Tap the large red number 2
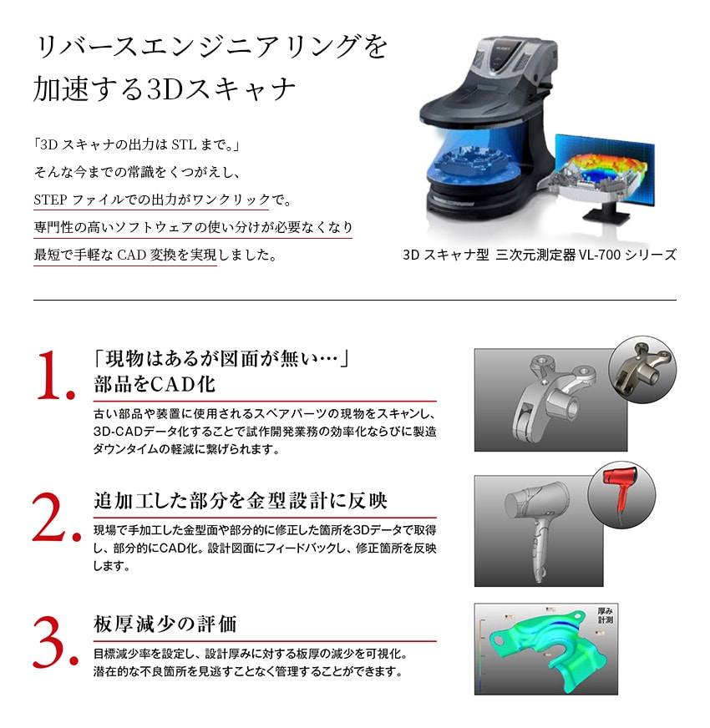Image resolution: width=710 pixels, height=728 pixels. click(49, 516)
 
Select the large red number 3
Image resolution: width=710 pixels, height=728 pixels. click(48, 642)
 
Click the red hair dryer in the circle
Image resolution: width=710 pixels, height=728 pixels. click(621, 492)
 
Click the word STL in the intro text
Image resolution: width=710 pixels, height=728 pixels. click(184, 145)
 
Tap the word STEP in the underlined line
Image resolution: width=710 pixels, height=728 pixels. click(50, 200)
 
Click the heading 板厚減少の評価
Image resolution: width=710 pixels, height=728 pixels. click(165, 624)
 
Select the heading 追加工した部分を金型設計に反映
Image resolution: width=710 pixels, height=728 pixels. click(241, 500)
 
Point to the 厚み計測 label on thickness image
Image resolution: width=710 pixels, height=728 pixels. click(605, 615)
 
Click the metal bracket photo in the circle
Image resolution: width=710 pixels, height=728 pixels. click(642, 369)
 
